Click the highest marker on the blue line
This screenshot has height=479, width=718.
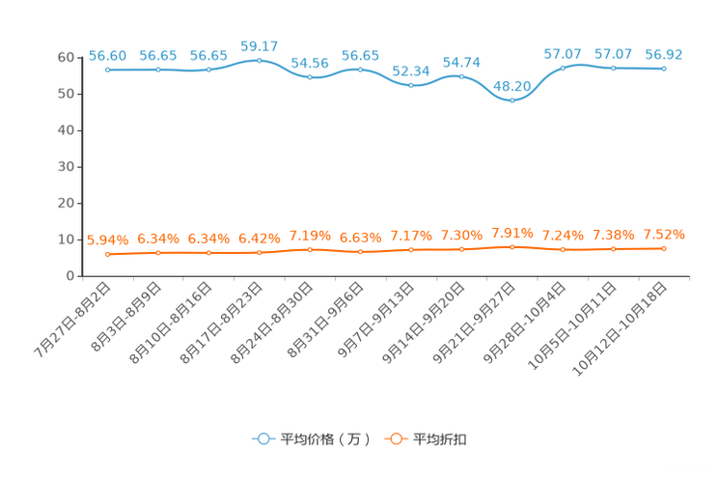click(x=259, y=60)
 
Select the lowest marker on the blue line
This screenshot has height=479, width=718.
click(x=511, y=99)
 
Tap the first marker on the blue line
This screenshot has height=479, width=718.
click(x=107, y=70)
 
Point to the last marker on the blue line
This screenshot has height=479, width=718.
click(x=664, y=69)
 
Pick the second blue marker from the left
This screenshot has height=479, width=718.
click(x=157, y=70)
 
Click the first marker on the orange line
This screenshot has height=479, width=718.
click(x=107, y=255)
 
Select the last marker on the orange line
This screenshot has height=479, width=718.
click(x=664, y=249)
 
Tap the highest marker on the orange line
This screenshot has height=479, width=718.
click(x=511, y=247)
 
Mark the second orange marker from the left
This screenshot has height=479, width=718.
click(x=157, y=253)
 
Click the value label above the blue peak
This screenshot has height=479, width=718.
click(x=259, y=45)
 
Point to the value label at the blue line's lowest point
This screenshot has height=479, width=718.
click(x=511, y=85)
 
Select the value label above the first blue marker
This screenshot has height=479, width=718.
click(x=107, y=56)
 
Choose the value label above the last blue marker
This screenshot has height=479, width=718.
click(x=664, y=55)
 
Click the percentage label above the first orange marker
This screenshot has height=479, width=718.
click(x=107, y=240)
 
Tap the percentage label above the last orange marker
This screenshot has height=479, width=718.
click(x=664, y=235)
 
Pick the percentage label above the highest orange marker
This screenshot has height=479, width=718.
click(x=511, y=233)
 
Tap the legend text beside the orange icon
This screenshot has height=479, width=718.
click(x=441, y=439)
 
